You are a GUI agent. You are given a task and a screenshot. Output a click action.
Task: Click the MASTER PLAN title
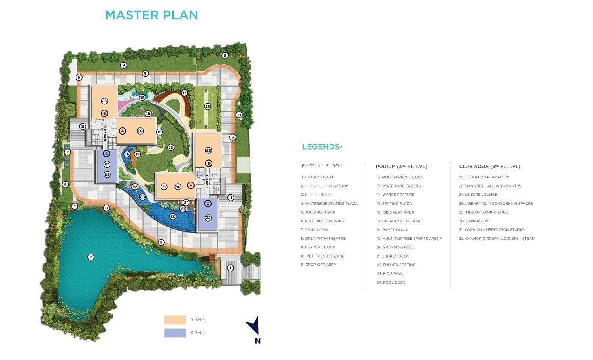151,15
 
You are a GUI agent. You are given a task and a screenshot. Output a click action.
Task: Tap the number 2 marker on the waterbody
91,257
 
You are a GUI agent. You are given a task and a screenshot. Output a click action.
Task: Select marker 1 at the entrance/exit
230,267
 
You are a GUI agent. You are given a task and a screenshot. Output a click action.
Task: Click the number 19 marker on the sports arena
207,106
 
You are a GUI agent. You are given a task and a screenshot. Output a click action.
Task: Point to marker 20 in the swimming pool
173,216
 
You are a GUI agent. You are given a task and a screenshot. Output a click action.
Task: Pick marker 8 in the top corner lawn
225,55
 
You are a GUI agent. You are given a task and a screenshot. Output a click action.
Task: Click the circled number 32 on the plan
208,218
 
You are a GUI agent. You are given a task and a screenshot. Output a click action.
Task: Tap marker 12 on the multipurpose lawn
171,147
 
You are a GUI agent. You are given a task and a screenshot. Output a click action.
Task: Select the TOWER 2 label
106,133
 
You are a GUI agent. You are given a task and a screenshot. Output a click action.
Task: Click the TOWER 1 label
207,183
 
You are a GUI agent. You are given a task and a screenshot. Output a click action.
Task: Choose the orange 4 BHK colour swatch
175,320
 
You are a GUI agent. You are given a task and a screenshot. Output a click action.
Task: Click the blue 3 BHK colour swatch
175,333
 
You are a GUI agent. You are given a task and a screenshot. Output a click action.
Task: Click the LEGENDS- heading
322,147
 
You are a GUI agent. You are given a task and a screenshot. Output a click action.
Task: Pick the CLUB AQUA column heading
489,167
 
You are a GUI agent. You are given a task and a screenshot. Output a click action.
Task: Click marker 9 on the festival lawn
123,65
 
